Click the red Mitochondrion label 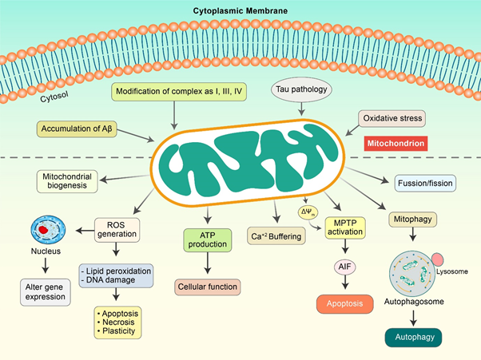[x=396, y=144]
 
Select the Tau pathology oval [x=301, y=89]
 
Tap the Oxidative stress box [x=392, y=119]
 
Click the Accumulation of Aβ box [x=77, y=129]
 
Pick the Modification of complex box [x=179, y=92]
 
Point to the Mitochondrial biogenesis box [x=67, y=181]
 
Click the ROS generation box [x=117, y=230]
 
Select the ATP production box [x=208, y=240]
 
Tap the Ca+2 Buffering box [x=276, y=236]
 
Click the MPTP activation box [x=345, y=227]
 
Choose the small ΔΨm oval [x=308, y=212]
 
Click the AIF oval [x=345, y=267]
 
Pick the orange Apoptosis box [x=345, y=304]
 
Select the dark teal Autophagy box [x=414, y=338]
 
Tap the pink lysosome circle [x=437, y=259]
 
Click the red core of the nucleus [x=43, y=230]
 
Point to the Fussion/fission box [x=425, y=184]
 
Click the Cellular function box [x=208, y=287]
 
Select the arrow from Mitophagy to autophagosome [x=413, y=234]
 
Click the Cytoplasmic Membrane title [x=240, y=11]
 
